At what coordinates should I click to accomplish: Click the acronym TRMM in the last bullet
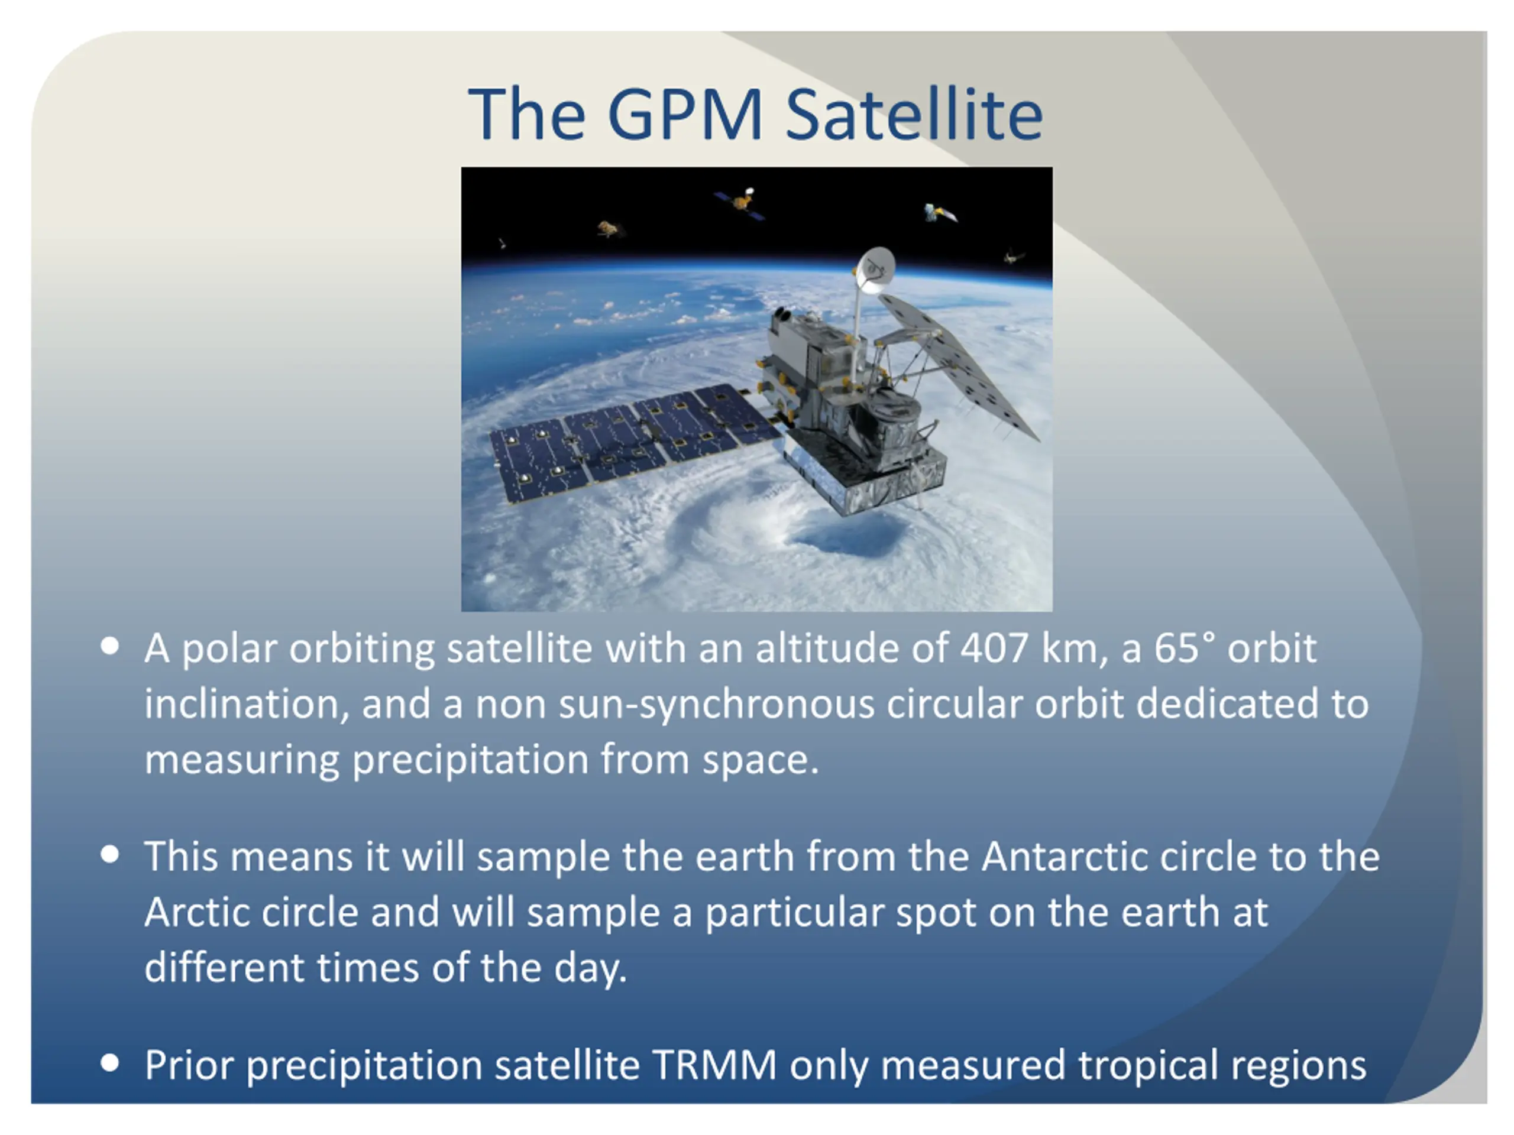714,1065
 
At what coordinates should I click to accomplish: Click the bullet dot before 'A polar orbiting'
109,647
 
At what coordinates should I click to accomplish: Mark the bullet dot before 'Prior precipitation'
109,1063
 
